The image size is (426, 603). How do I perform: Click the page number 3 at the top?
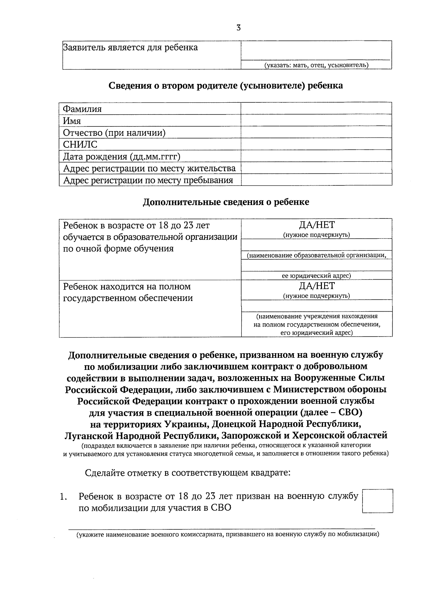coord(239,28)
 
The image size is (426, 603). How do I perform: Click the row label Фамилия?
coord(82,109)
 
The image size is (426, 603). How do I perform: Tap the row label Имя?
coord(72,121)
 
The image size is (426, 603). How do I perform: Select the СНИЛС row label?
coord(80,145)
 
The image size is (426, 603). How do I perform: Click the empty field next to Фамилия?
coord(316,109)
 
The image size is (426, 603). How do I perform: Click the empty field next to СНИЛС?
coord(316,144)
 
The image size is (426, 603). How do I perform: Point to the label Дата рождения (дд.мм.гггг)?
coord(122,157)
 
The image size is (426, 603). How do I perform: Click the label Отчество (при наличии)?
coord(114,133)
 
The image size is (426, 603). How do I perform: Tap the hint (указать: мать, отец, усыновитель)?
coord(316,65)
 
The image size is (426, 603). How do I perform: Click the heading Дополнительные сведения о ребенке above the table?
coord(226,202)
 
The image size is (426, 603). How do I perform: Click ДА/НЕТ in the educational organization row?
coord(316,225)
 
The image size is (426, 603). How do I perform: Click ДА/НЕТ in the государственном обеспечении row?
coord(316,286)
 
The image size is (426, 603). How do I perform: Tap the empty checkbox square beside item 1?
coord(377,501)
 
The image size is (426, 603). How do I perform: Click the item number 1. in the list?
coord(64,497)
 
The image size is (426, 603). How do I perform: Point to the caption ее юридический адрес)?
coord(316,276)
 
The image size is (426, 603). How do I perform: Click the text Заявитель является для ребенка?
coord(130,48)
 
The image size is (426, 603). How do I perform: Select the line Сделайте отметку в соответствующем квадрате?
coord(188,473)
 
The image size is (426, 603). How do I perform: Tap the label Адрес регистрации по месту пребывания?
coord(148,181)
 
